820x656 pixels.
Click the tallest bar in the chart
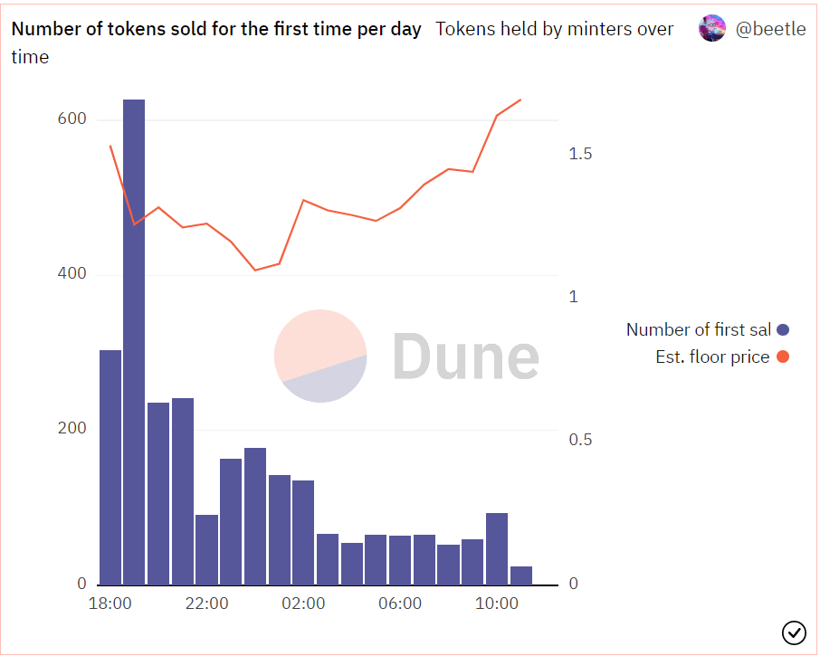pos(134,342)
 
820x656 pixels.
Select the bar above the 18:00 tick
pos(110,467)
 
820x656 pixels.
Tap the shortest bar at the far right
pos(520,575)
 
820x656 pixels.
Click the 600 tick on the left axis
pos(72,119)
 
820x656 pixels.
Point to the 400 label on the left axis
pos(72,273)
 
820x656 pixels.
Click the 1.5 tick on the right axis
pos(580,154)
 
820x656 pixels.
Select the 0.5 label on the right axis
pos(580,440)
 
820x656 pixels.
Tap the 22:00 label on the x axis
pos(206,604)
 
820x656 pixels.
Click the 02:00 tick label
pos(303,604)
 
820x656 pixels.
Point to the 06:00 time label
pos(400,604)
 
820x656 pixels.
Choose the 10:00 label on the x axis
pos(497,604)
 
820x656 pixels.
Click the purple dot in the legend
pos(783,330)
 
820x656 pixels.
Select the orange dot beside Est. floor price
pos(783,357)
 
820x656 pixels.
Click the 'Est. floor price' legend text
pos(713,357)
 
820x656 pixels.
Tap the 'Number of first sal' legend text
pos(699,330)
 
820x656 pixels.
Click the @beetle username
pos(771,29)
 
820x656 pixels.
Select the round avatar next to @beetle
pos(712,28)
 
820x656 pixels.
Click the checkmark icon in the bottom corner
pos(794,633)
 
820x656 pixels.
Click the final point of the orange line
pos(520,100)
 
